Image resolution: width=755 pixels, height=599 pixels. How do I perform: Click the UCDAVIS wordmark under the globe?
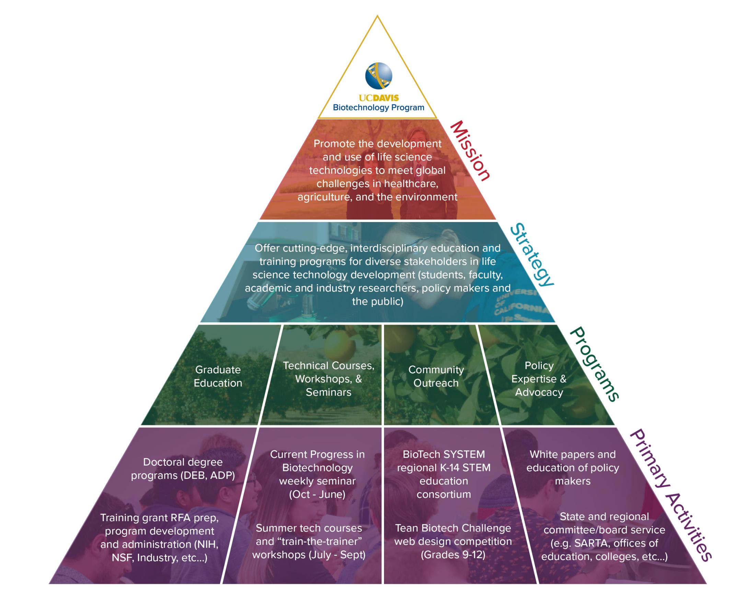pos(379,98)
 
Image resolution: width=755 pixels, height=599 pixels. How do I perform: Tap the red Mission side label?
pos(469,151)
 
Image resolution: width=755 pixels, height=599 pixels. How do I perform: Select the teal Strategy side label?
pos(531,255)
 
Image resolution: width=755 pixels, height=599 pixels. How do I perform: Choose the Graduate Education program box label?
pos(218,376)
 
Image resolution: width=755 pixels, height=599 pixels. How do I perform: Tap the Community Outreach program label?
pos(435,376)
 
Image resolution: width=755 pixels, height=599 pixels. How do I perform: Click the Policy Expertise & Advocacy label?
pos(539,379)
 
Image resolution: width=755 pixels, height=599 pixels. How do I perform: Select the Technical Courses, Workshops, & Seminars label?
pos(328,379)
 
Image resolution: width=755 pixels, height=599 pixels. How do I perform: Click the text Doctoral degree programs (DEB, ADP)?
pos(183,469)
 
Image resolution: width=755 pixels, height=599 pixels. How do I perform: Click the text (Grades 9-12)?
pos(453,555)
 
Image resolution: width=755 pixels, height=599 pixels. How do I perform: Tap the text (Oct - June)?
pos(317,494)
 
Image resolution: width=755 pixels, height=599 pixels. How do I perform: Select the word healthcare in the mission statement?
pos(411,184)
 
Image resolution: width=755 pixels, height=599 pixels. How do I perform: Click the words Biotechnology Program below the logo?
pos(378,107)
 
